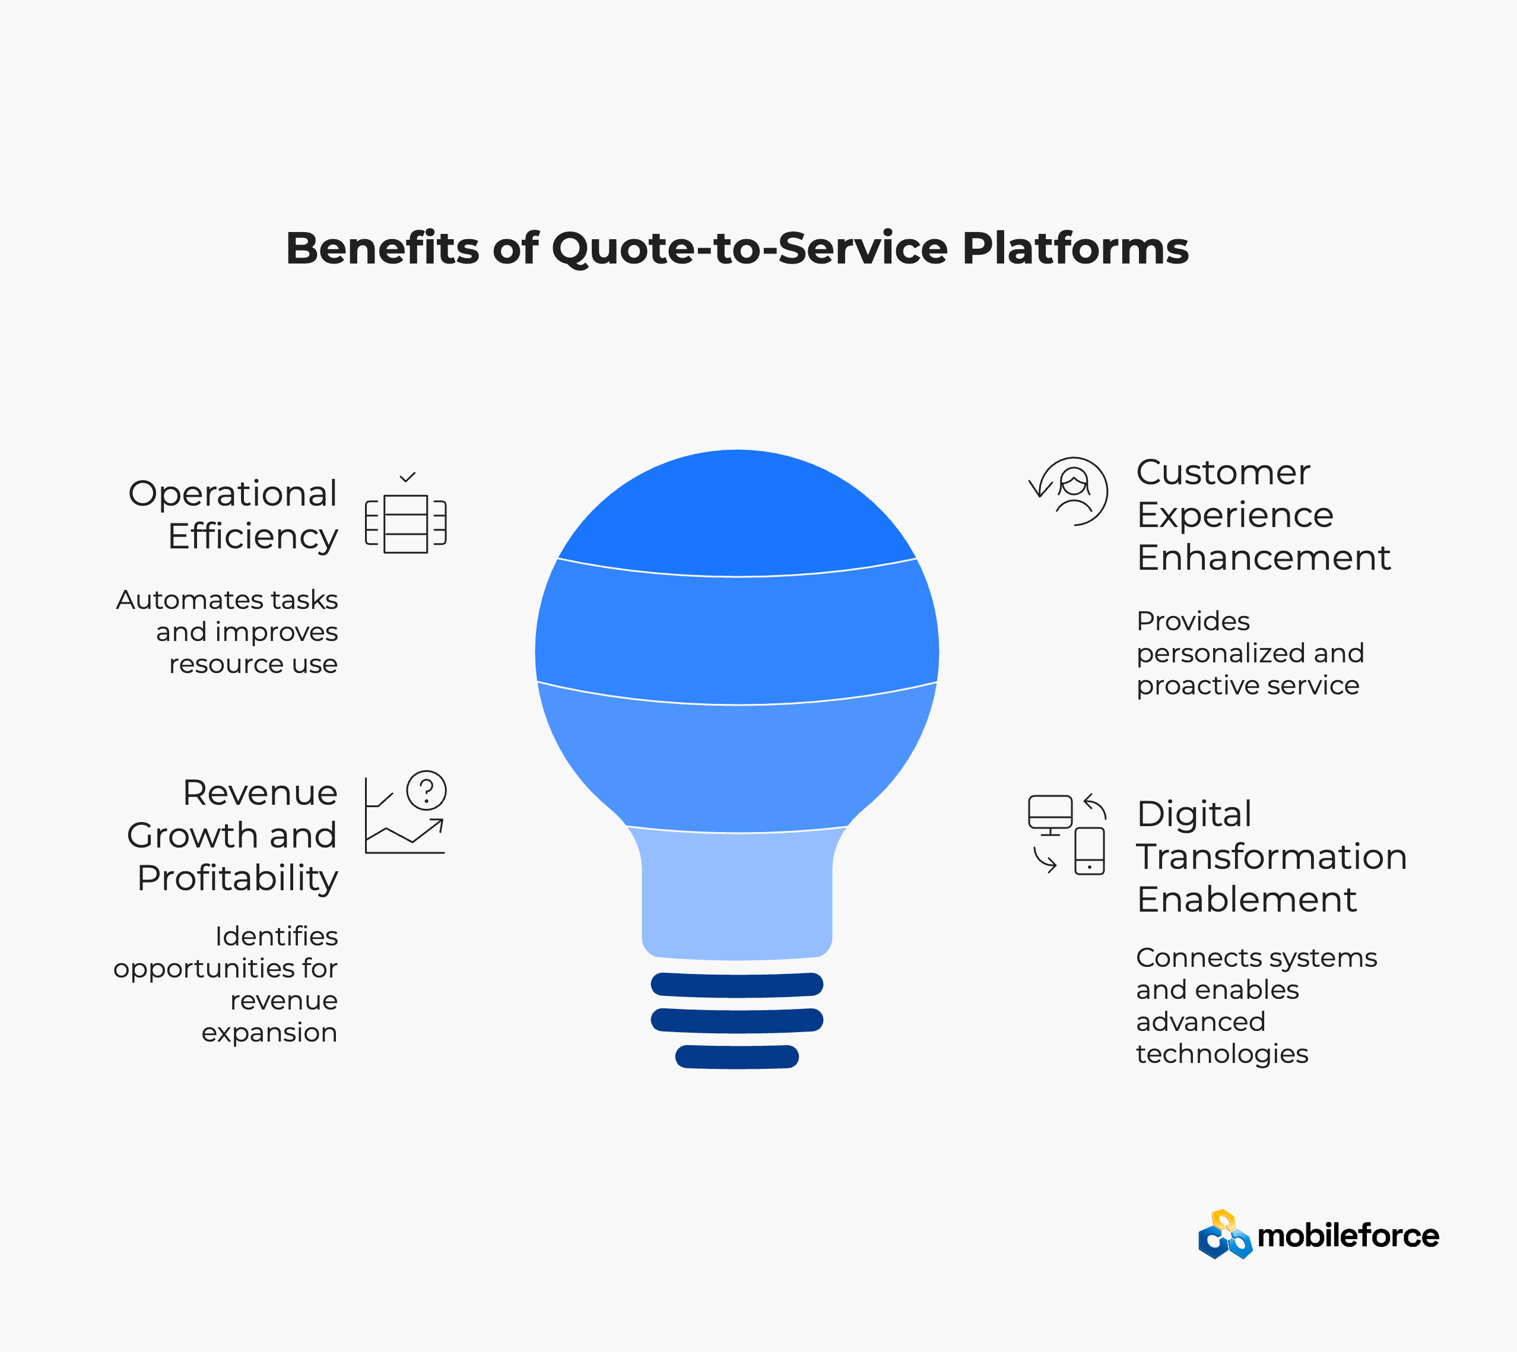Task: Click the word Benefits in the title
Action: (x=382, y=247)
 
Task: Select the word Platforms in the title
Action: (x=1075, y=247)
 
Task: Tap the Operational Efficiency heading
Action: (x=233, y=515)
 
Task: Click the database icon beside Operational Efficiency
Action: (x=405, y=523)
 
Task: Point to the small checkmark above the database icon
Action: (x=407, y=477)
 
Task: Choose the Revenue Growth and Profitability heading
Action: (x=232, y=835)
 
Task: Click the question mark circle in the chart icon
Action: (x=426, y=790)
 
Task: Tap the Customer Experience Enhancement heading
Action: (x=1263, y=515)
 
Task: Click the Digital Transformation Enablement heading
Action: (x=1272, y=856)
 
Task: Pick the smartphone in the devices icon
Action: (x=1090, y=851)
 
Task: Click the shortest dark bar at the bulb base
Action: (x=737, y=1056)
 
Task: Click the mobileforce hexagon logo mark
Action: (x=1225, y=1234)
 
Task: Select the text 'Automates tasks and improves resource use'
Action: (x=227, y=631)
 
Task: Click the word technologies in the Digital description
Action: (x=1222, y=1054)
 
